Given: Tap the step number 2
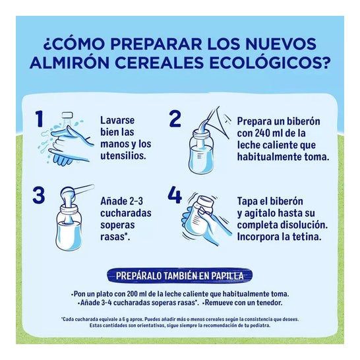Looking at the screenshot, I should (175, 119).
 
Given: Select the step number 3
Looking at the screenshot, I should (39, 196).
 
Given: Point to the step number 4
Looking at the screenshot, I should (175, 195).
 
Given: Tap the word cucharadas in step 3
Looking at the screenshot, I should (126, 213).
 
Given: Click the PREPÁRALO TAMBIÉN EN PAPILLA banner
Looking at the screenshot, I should (180, 276).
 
